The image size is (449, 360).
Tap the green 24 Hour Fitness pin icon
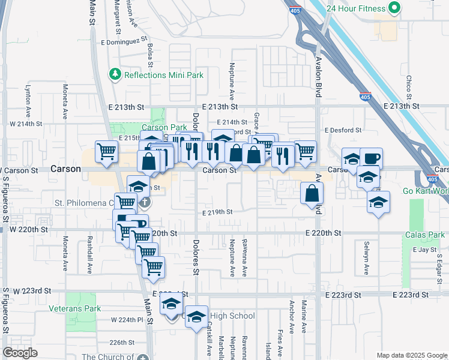click(x=394, y=8)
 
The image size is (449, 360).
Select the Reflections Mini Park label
click(x=163, y=75)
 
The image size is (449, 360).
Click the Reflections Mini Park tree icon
click(x=115, y=74)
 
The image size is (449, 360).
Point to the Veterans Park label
click(x=75, y=308)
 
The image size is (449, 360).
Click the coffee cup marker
click(x=371, y=158)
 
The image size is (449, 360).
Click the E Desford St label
click(x=343, y=130)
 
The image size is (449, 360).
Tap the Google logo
click(x=20, y=352)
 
